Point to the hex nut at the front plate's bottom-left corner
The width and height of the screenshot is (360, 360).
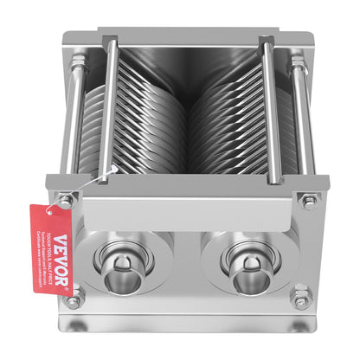coord(74,301)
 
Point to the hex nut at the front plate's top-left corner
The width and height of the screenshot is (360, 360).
coord(66,202)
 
